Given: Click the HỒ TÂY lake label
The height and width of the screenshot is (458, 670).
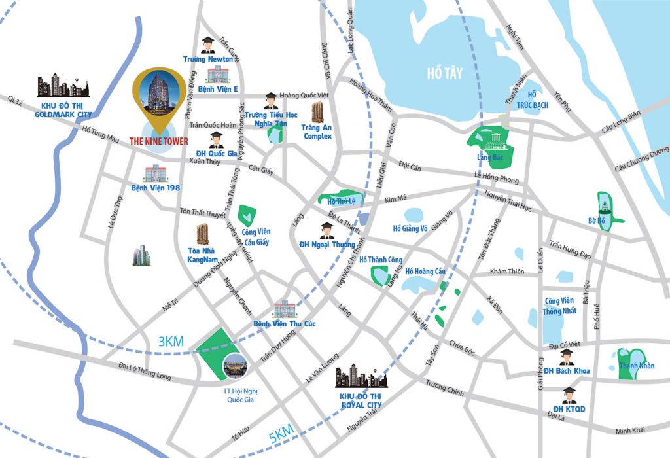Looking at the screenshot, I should pos(444,73).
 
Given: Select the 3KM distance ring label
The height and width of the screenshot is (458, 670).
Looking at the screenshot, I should pos(171,342).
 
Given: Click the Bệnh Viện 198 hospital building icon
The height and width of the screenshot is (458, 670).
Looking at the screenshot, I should pos(155,174).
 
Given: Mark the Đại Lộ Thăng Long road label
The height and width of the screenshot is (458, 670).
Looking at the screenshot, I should pos(145,371).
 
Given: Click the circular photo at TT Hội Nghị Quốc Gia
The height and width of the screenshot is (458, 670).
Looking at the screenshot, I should pos(235,368).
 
